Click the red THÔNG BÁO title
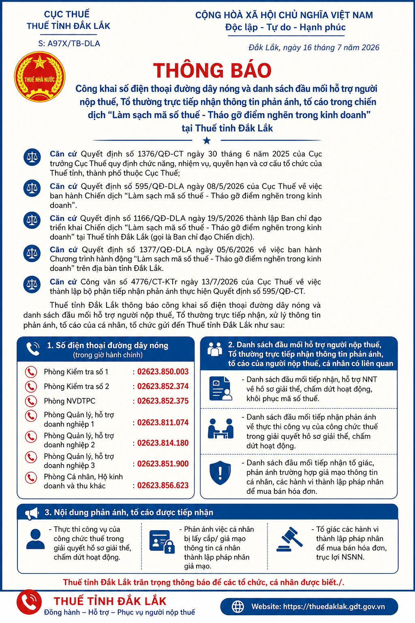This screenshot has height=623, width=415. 212,70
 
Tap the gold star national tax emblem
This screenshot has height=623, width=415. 39,77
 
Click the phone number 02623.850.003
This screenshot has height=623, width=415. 163,372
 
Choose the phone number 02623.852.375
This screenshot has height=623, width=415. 163,401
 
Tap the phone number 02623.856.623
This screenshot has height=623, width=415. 163,486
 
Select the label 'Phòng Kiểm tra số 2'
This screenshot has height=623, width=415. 77,386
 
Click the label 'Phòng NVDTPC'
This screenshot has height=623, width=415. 69,401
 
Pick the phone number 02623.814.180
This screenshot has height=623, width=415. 163,443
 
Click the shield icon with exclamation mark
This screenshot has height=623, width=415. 220,473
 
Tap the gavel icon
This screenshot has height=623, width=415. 289,539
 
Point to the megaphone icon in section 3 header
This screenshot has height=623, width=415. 32,513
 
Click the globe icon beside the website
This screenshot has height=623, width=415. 238,607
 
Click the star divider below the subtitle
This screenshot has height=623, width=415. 207,140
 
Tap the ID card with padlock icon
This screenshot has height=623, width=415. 162,541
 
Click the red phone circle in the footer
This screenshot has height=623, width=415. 29,602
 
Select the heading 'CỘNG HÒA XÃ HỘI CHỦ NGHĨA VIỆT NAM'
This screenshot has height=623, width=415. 284,15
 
